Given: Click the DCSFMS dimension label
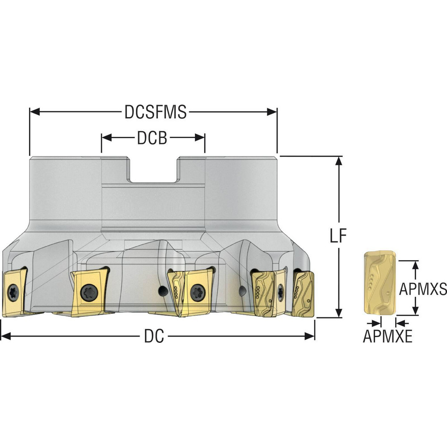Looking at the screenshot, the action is (x=156, y=112).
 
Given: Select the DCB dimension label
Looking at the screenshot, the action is (x=152, y=138).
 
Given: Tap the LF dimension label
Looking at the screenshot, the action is (x=338, y=236).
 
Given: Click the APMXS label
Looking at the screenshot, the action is (x=423, y=289).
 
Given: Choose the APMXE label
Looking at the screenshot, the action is (x=388, y=337).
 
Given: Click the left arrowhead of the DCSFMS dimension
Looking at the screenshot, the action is (x=34, y=112).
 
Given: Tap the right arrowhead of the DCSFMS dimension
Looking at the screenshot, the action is (x=272, y=112).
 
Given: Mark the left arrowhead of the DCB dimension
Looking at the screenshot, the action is (x=106, y=138).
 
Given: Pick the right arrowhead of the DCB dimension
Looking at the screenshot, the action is (x=200, y=138).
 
